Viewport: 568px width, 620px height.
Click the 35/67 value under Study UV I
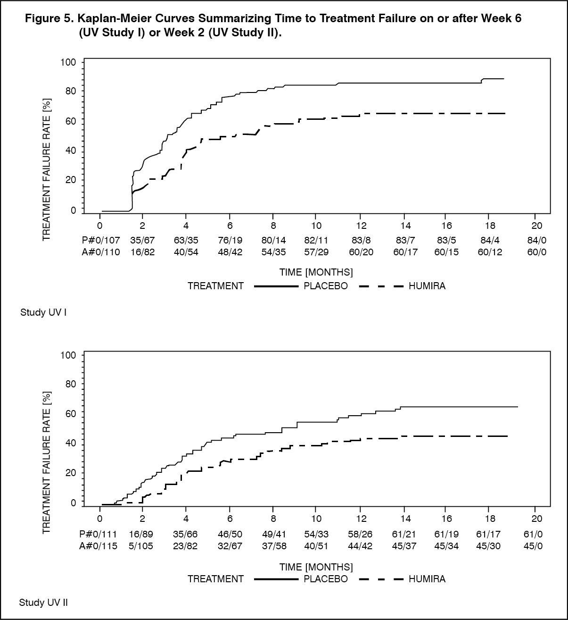click(142, 240)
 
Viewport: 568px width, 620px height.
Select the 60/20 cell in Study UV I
click(361, 252)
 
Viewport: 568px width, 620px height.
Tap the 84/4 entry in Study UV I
click(490, 240)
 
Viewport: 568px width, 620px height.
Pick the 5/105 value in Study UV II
click(141, 546)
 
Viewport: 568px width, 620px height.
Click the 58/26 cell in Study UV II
click(360, 534)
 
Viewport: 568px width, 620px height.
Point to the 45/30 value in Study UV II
click(488, 546)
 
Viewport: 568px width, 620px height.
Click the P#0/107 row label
click(101, 240)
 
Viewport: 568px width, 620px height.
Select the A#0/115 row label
click(98, 546)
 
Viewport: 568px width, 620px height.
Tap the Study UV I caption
click(43, 312)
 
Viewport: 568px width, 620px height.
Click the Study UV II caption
click(43, 603)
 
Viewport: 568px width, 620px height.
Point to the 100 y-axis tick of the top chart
click(68, 62)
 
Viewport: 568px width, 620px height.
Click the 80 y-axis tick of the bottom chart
click(70, 384)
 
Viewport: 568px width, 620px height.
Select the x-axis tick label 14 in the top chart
click(405, 226)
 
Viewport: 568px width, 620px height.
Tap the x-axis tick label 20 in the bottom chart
click(536, 519)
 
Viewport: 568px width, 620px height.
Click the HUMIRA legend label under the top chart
click(427, 286)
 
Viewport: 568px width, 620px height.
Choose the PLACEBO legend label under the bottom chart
click(326, 579)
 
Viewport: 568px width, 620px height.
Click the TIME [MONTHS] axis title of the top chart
click(316, 272)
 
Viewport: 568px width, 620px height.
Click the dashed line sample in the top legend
click(381, 286)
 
